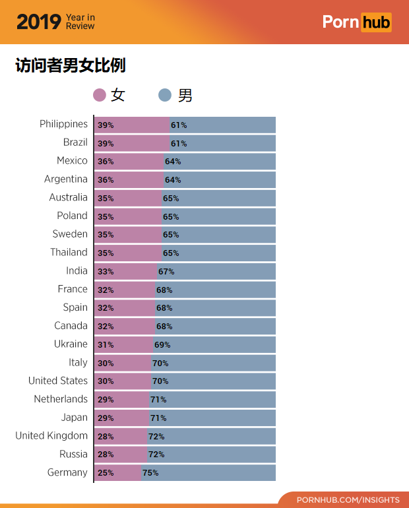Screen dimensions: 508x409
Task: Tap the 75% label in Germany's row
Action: pos(150,473)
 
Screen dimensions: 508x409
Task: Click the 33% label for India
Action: pos(106,271)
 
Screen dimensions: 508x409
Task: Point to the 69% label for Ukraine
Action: pos(162,344)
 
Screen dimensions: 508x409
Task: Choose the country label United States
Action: pos(58,381)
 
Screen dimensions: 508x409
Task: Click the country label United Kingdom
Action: pos(51,435)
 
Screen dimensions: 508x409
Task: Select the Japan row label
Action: pos(75,417)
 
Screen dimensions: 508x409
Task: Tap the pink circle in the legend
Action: pos(100,96)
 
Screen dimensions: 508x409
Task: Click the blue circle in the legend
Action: pos(165,96)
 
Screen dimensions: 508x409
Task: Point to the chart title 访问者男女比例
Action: pos(71,66)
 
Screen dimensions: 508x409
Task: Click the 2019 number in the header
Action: pos(38,22)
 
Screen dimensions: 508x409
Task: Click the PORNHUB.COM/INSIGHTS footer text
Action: pos(348,500)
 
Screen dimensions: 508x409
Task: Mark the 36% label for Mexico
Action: pos(106,161)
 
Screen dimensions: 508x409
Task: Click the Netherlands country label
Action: pos(61,399)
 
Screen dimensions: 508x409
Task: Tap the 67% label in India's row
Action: pos(166,271)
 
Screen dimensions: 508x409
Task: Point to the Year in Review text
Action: pos(80,22)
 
